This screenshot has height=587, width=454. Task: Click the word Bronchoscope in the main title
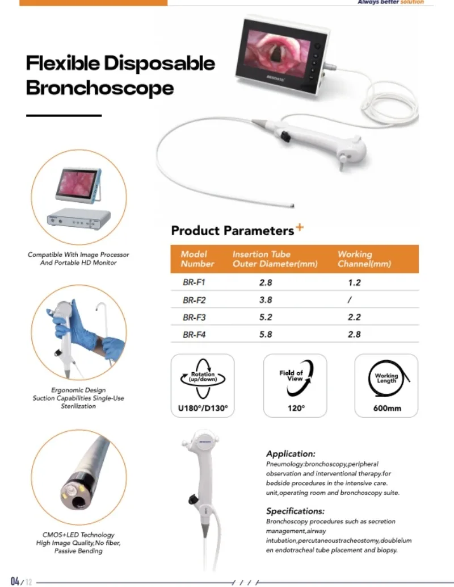(x=100, y=88)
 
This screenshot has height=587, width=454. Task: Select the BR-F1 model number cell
(x=194, y=282)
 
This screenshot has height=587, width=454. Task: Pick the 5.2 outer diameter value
(x=266, y=317)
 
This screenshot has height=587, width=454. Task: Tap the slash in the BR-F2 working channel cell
(x=350, y=299)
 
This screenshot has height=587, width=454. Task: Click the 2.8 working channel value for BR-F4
(x=354, y=334)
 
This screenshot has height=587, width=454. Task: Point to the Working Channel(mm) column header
(x=364, y=259)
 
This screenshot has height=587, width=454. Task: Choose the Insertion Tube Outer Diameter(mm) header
(x=275, y=259)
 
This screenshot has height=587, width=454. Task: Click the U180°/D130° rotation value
(x=203, y=408)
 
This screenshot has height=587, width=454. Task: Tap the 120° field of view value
(x=295, y=408)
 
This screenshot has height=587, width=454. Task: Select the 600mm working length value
(x=386, y=408)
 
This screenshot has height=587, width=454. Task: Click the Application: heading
(x=291, y=454)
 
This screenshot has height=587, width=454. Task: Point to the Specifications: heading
(x=295, y=511)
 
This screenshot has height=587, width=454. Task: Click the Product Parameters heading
(x=232, y=231)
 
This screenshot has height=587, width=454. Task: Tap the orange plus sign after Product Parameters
(x=300, y=227)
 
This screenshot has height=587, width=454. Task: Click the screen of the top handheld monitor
(x=276, y=50)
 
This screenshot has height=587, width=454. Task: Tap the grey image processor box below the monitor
(x=78, y=218)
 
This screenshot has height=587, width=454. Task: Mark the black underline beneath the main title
(x=64, y=115)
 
